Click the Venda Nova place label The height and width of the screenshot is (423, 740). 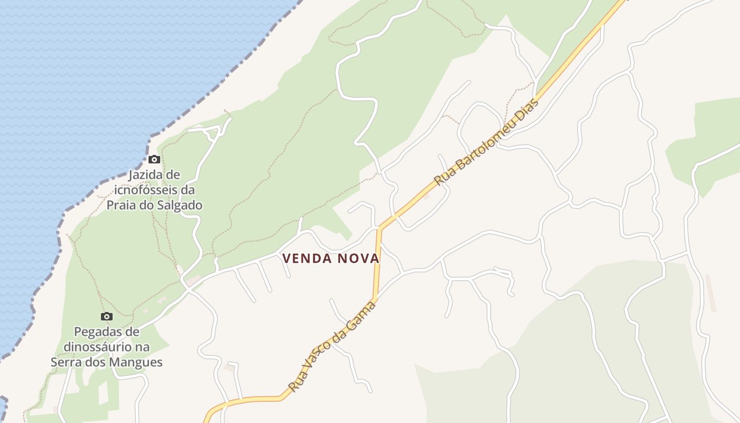(x=331, y=259)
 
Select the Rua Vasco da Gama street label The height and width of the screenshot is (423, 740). (x=332, y=346)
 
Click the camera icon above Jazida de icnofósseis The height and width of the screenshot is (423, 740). (x=154, y=159)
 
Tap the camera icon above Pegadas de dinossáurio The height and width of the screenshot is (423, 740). (x=107, y=316)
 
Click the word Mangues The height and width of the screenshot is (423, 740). (x=137, y=362)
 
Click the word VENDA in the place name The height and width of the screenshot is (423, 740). (x=305, y=259)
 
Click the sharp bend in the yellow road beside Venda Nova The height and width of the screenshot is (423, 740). (x=380, y=228)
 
